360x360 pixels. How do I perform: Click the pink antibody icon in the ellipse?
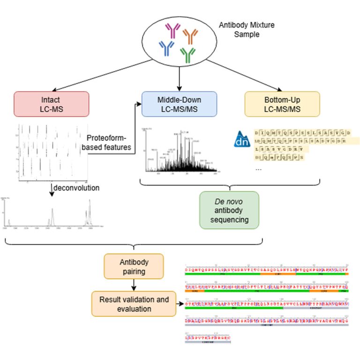pyautogui.click(x=172, y=31)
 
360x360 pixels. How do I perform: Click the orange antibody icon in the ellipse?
pyautogui.click(x=190, y=35)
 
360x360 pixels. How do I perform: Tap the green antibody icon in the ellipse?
pyautogui.click(x=188, y=54)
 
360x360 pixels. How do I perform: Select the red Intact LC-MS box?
pyautogui.click(x=52, y=104)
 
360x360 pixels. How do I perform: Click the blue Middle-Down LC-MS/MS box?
pyautogui.click(x=180, y=104)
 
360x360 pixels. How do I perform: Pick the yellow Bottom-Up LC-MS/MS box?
pyautogui.click(x=282, y=104)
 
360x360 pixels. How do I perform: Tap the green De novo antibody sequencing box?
pyautogui.click(x=229, y=210)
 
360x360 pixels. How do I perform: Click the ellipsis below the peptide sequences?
pyautogui.click(x=258, y=169)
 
